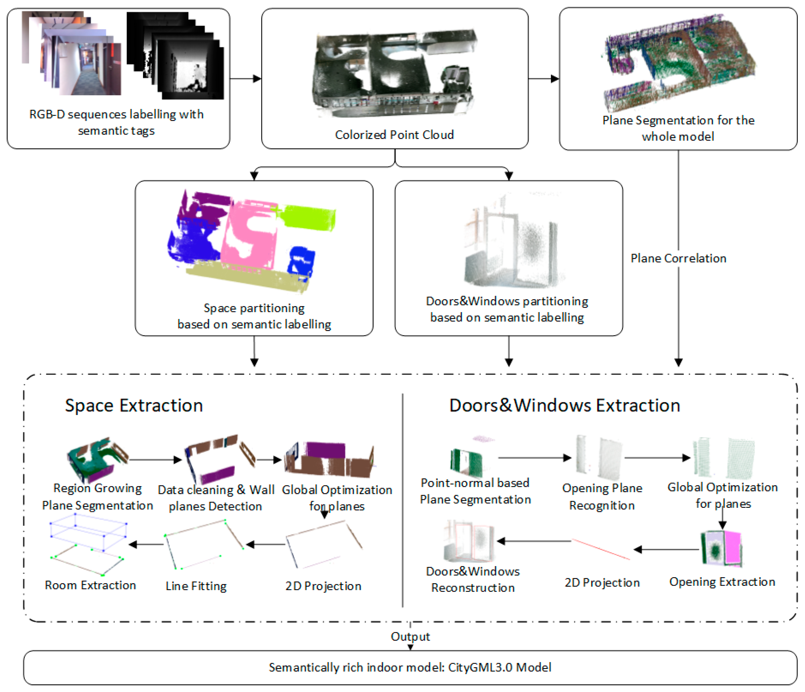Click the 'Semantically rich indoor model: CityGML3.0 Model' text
410,667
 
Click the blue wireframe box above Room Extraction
89,531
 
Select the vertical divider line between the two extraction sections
402,501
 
